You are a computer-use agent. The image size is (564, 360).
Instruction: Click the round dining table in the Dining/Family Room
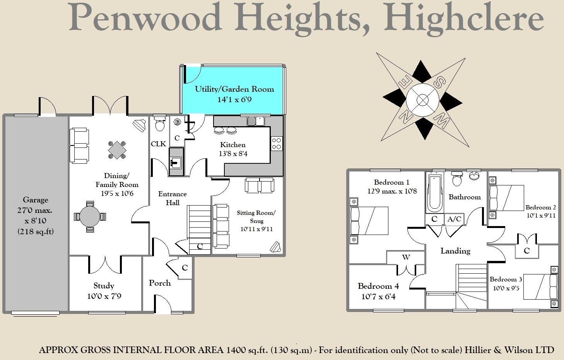pos(89,216)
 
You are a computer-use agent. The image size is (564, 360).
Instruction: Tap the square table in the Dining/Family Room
pos(117,149)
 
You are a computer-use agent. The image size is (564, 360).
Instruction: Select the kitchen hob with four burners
pos(277,143)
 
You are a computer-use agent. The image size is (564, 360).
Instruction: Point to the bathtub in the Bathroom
pos(434,192)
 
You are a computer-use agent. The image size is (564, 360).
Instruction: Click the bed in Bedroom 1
pos(369,221)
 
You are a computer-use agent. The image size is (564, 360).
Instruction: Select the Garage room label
pos(36,200)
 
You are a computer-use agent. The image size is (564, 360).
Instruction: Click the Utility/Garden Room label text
pos(234,89)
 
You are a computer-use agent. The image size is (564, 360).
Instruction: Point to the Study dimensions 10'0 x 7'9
pos(104,296)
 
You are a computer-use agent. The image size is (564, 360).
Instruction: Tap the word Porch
pos(160,283)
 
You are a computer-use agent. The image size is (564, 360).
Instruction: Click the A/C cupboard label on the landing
pos(454,219)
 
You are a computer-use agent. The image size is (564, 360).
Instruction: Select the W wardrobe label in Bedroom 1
pos(406,257)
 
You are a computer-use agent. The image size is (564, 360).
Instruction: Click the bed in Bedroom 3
pos(540,286)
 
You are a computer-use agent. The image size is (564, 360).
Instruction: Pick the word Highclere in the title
pos(464,18)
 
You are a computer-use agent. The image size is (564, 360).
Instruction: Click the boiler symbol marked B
pos(178,122)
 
